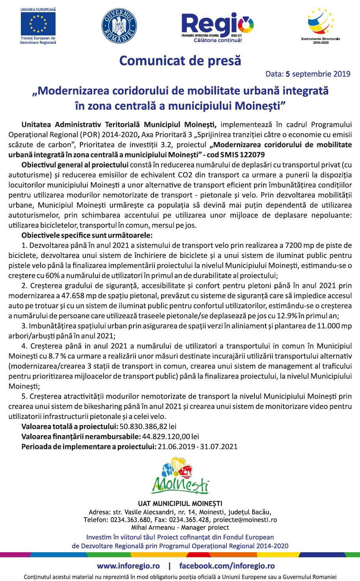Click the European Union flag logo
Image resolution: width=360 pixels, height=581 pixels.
pyautogui.click(x=38, y=24)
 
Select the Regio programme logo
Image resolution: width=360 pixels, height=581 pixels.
pyautogui.click(x=217, y=27)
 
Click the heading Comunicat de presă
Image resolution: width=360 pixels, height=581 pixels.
pyautogui.click(x=180, y=61)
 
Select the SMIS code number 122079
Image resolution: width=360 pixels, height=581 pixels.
pyautogui.click(x=251, y=155)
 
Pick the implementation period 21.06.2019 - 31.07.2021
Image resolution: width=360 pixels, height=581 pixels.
pyautogui.click(x=197, y=446)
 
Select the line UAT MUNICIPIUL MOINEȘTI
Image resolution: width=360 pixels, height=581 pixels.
pyautogui.click(x=180, y=503)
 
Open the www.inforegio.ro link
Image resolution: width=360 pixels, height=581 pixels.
pyautogui.click(x=128, y=566)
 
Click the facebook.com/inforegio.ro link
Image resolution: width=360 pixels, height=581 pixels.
pyautogui.click(x=227, y=566)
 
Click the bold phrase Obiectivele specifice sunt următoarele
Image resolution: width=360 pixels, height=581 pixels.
pyautogui.click(x=87, y=236)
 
